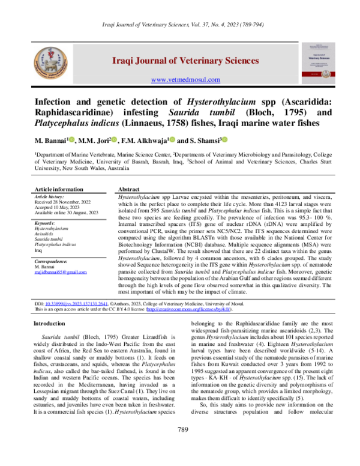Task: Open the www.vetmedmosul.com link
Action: coord(185,80)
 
